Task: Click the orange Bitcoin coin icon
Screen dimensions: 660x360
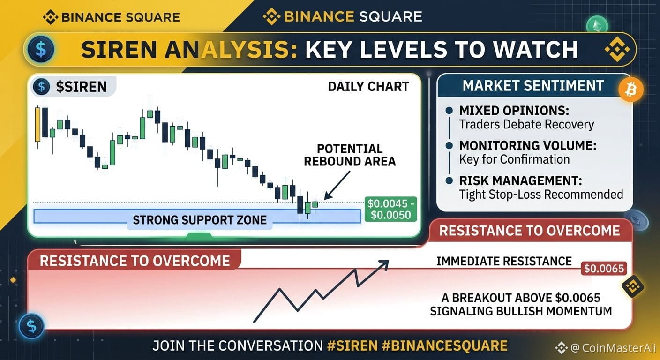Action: (631, 90)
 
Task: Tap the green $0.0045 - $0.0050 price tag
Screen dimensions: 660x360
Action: (390, 209)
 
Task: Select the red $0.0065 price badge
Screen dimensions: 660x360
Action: (604, 269)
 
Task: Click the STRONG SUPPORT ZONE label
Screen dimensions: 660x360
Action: (200, 220)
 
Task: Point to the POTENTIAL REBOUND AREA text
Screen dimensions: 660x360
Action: (350, 155)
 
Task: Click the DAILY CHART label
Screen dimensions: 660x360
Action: (368, 87)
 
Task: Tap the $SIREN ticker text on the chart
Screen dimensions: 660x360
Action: (81, 87)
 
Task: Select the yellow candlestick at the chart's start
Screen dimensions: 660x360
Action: (37, 125)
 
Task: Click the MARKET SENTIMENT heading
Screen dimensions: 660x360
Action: (533, 86)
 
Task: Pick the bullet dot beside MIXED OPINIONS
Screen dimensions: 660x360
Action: (450, 111)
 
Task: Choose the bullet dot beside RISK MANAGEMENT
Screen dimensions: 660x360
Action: (450, 180)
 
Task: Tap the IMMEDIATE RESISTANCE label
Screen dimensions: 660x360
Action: (504, 261)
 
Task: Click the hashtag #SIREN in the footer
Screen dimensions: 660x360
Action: (352, 345)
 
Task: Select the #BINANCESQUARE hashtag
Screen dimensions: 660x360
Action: (445, 345)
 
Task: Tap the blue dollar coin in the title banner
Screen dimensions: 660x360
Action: (41, 49)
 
